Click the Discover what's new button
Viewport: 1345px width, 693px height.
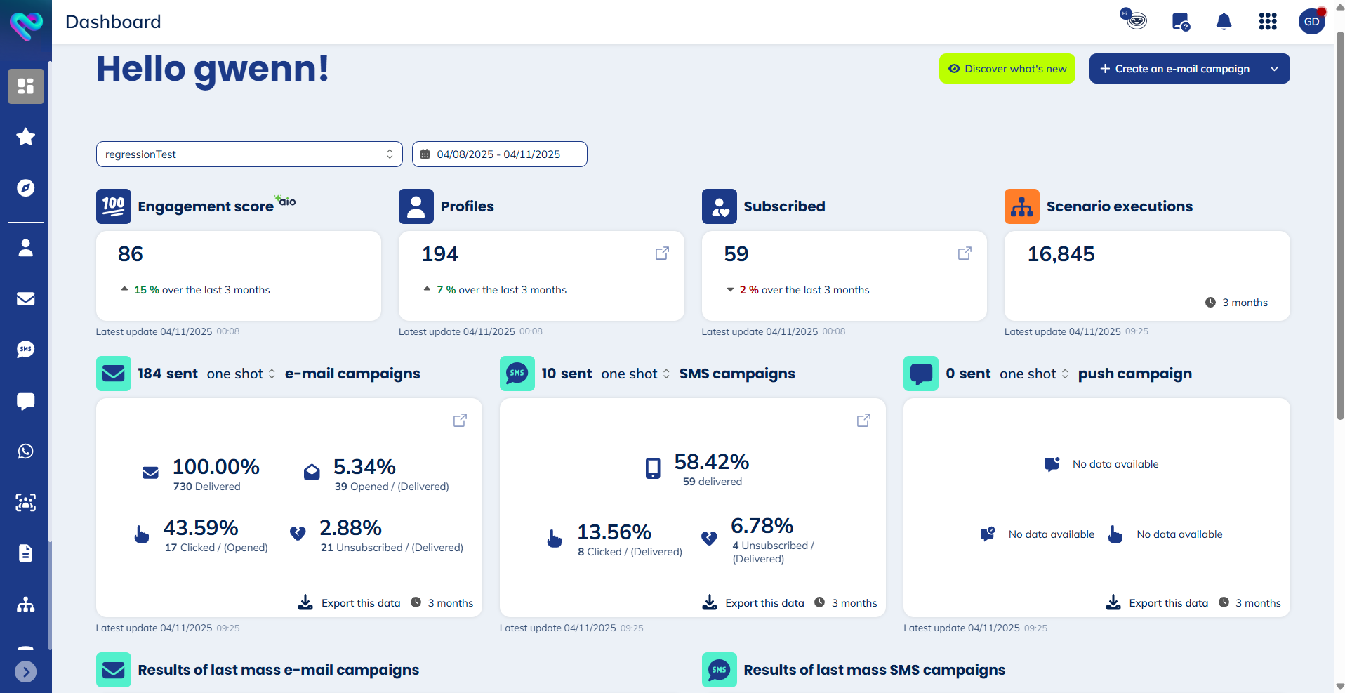1007,69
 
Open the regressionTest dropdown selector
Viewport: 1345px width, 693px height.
249,154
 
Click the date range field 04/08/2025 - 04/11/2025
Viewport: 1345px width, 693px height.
499,154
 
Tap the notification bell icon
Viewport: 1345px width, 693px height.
1224,22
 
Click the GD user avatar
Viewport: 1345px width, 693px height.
1311,22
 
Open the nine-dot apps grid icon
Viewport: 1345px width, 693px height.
1267,22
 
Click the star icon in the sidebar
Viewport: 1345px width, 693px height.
26,137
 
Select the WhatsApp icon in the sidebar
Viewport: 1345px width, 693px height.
26,451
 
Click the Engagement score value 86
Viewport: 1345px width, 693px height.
131,254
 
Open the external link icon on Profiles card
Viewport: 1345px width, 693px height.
662,253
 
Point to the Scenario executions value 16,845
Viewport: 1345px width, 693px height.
1061,254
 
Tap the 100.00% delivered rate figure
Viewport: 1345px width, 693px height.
216,467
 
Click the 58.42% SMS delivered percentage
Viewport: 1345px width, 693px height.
711,462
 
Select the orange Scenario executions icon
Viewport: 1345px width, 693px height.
1021,206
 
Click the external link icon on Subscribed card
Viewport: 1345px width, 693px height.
965,253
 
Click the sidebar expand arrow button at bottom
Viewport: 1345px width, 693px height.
26,672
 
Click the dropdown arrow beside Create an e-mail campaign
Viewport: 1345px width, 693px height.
1274,69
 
